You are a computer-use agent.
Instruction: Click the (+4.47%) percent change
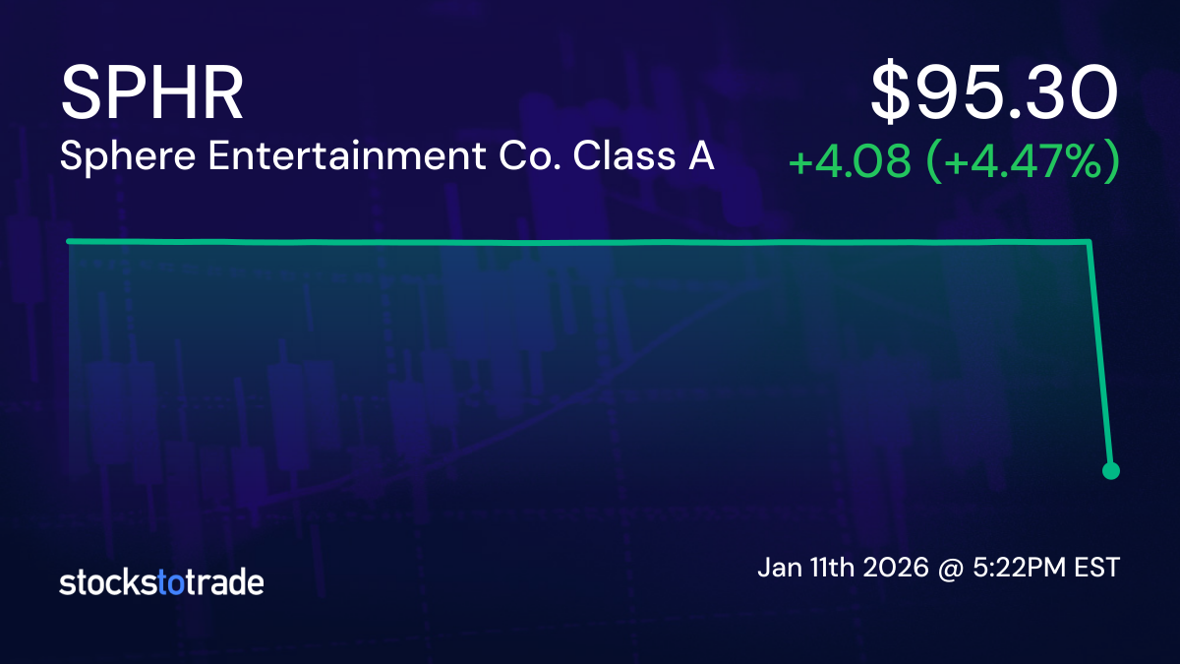click(x=1024, y=161)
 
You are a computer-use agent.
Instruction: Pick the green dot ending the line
click(x=1111, y=470)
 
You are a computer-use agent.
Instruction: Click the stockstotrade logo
click(x=161, y=582)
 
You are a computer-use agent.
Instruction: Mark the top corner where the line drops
click(x=1090, y=241)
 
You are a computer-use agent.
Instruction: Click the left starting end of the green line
click(x=69, y=241)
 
